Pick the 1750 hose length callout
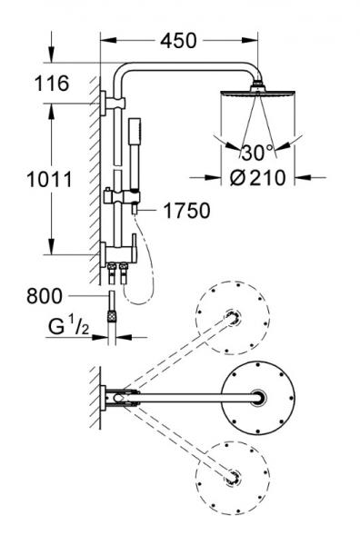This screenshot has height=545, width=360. click(x=187, y=212)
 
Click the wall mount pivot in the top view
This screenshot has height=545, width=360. click(x=120, y=396)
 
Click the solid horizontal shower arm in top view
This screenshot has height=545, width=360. click(x=191, y=396)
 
